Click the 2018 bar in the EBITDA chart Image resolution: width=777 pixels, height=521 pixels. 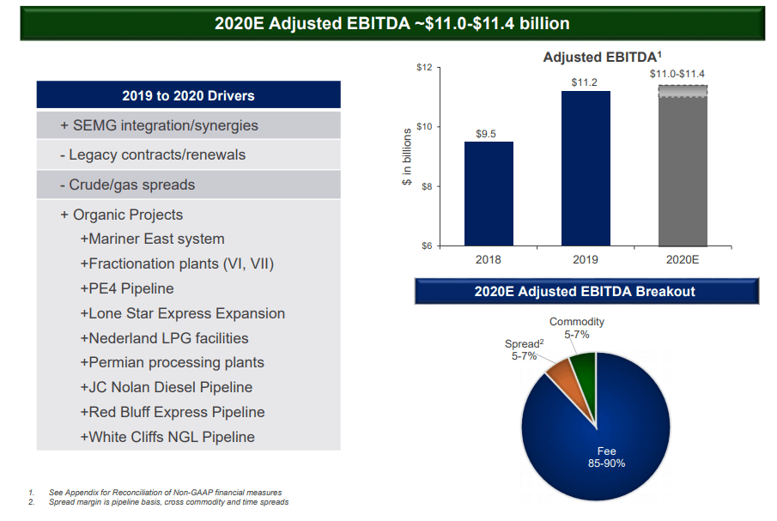tap(489, 194)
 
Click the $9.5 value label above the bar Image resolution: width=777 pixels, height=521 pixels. tap(488, 134)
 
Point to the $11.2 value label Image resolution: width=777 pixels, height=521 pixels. tap(585, 82)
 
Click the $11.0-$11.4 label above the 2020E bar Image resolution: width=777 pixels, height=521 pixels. tap(677, 74)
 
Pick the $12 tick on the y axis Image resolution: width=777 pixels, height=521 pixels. tap(423, 67)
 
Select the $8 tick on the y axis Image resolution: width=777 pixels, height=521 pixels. tap(425, 186)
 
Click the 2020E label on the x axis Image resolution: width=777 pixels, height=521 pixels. tap(683, 259)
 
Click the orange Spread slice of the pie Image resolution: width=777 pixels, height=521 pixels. tap(559, 370)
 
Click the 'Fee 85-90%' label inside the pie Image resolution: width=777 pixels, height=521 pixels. tap(607, 457)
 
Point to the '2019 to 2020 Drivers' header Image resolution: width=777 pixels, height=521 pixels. tap(188, 95)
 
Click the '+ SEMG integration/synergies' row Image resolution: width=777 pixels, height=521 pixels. tap(159, 125)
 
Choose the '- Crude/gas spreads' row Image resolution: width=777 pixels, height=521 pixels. tap(127, 185)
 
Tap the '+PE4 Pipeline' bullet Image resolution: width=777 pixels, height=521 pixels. tap(126, 288)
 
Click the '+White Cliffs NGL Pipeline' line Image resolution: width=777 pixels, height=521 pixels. tap(167, 437)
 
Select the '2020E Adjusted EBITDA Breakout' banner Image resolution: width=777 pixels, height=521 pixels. tap(585, 292)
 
